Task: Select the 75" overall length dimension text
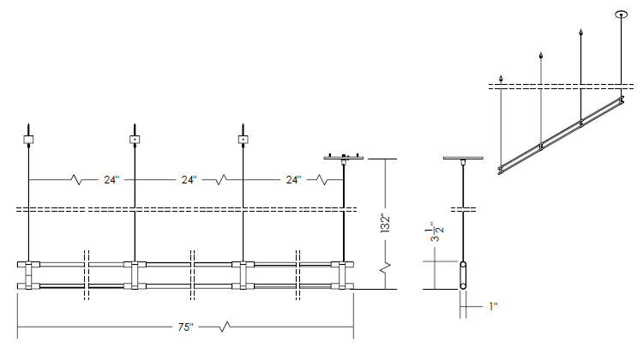(186, 327)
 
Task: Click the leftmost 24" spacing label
(111, 181)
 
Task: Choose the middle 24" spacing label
(189, 181)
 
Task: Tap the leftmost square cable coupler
(28, 139)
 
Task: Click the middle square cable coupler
(135, 139)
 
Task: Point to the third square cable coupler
(243, 139)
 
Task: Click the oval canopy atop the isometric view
(622, 14)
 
